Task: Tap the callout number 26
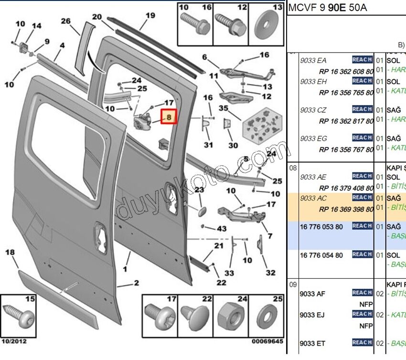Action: [x=66, y=21]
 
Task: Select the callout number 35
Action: [x=224, y=108]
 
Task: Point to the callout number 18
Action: [x=10, y=253]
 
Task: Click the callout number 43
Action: [x=221, y=229]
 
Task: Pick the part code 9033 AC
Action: [x=314, y=198]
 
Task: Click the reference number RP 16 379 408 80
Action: [x=346, y=188]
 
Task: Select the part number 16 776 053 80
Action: [x=321, y=226]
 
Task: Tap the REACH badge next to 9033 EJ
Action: [x=363, y=314]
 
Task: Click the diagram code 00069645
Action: [x=267, y=341]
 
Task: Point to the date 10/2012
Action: [x=14, y=341]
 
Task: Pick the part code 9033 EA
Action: [x=314, y=60]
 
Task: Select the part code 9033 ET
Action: [x=313, y=343]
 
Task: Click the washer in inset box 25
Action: [x=268, y=318]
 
